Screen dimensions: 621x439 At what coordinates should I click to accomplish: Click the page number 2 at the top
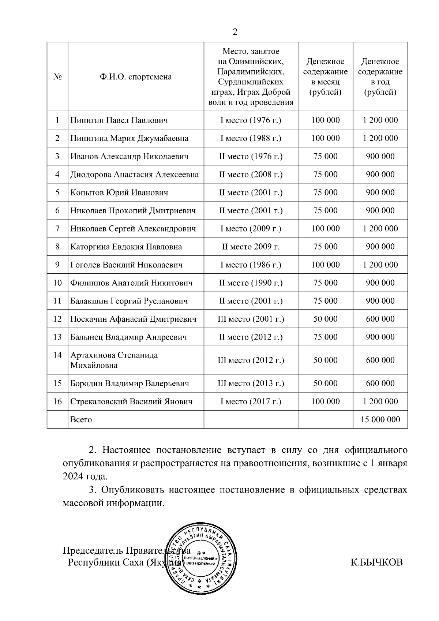[235, 32]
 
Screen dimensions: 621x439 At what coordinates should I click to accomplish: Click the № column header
[57, 77]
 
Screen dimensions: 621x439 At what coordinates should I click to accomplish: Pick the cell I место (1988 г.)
[251, 138]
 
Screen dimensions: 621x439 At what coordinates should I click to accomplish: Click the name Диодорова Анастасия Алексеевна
[134, 175]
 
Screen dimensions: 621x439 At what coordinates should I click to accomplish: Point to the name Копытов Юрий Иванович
[119, 192]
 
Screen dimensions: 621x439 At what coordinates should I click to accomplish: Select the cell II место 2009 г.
[251, 247]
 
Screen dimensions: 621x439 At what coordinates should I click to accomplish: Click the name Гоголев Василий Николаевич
[126, 265]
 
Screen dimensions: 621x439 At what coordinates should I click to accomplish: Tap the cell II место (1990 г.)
[251, 283]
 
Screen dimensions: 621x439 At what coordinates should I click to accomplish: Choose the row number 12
[57, 319]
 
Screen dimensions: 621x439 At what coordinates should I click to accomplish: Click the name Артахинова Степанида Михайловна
[114, 360]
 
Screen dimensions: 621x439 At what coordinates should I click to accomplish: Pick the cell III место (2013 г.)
[251, 384]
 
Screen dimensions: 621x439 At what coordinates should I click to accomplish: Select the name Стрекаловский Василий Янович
[131, 401]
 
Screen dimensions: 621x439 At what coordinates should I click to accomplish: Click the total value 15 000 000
[380, 420]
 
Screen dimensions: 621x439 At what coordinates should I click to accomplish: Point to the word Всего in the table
[81, 420]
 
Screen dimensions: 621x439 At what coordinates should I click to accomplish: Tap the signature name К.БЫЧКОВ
[376, 562]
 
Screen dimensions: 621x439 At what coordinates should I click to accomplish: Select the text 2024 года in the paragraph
[85, 476]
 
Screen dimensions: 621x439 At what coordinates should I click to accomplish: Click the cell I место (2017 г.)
[251, 401]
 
